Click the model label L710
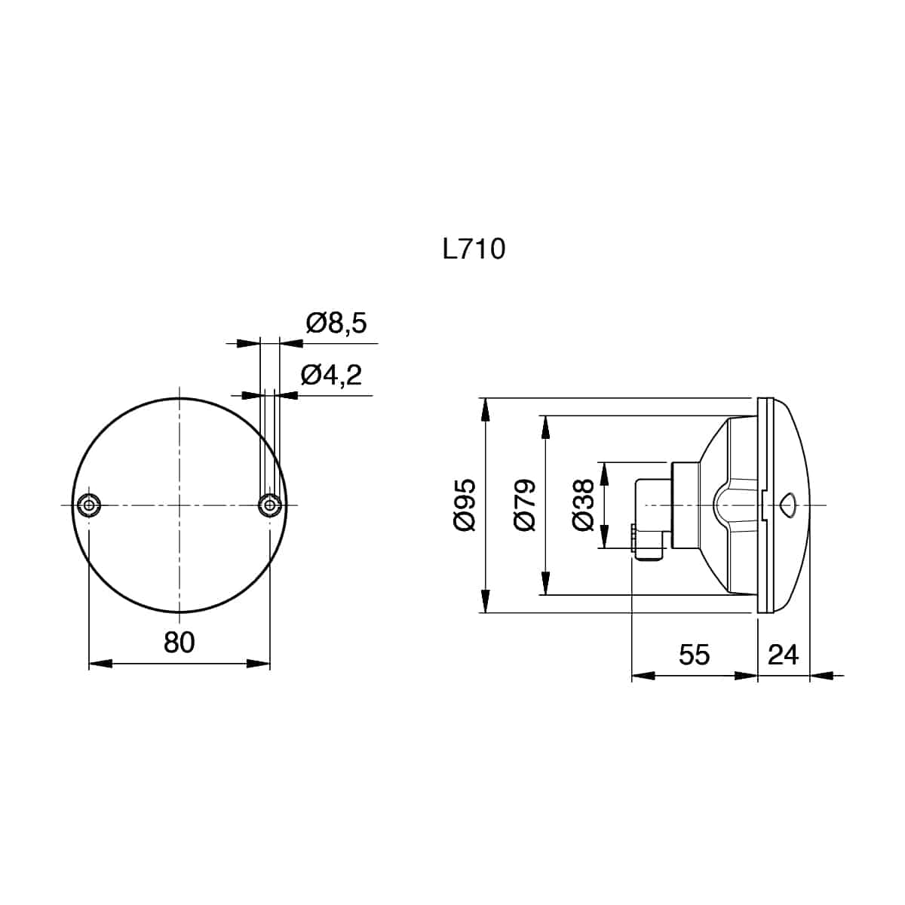click(x=474, y=249)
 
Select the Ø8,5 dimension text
click(x=336, y=324)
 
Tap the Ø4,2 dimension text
click(x=332, y=376)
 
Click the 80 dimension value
click(x=179, y=643)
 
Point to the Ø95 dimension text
click(x=465, y=505)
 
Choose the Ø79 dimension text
click(x=525, y=505)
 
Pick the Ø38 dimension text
click(x=584, y=505)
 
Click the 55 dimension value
click(x=694, y=655)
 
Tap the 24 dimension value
click(x=783, y=655)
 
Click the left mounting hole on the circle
click(x=89, y=505)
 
